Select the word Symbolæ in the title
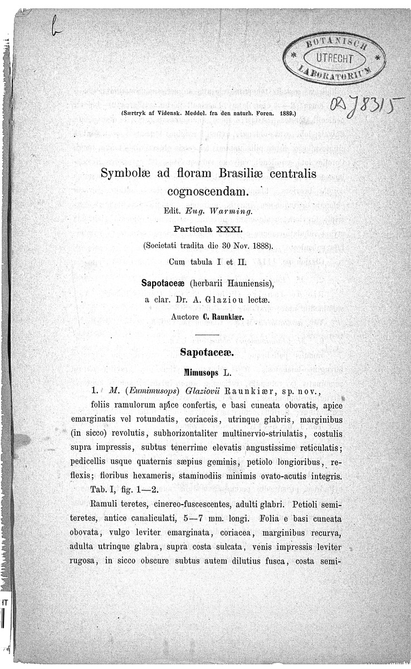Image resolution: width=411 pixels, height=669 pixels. pos(126,174)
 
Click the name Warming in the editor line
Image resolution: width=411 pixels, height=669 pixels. pos(234,212)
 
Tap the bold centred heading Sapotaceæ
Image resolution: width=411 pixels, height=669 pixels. pos(205,352)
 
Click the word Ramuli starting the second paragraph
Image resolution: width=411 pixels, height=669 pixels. pos(105,505)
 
